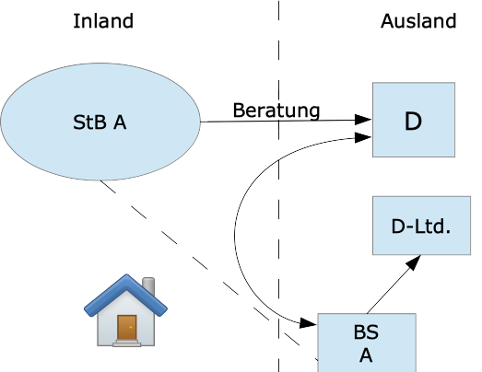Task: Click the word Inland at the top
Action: click(x=103, y=21)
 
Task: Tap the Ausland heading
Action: click(x=418, y=21)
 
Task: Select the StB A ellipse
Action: click(x=100, y=122)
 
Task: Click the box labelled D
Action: click(x=414, y=120)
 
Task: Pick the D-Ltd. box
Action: click(x=421, y=226)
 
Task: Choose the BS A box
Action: click(x=367, y=343)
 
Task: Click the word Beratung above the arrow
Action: click(x=276, y=110)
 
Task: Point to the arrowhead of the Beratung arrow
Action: click(x=363, y=120)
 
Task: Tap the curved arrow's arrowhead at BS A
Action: click(x=308, y=323)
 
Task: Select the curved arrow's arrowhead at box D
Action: click(x=363, y=137)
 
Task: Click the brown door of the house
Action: click(x=127, y=328)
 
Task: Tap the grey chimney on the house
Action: click(x=149, y=285)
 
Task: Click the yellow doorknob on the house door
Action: click(x=131, y=328)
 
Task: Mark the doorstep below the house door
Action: click(x=126, y=343)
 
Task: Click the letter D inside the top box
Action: click(x=413, y=122)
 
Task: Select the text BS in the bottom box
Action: click(x=366, y=332)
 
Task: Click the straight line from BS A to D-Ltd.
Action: click(x=394, y=285)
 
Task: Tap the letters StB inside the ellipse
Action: click(x=89, y=122)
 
